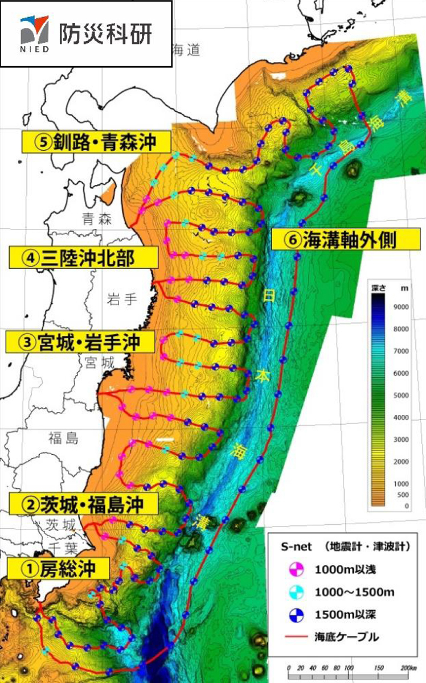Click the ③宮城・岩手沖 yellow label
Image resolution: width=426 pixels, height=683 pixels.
(x=80, y=342)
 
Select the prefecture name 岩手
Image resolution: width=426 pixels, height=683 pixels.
(x=121, y=298)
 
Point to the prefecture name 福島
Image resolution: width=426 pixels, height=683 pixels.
(x=63, y=437)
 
